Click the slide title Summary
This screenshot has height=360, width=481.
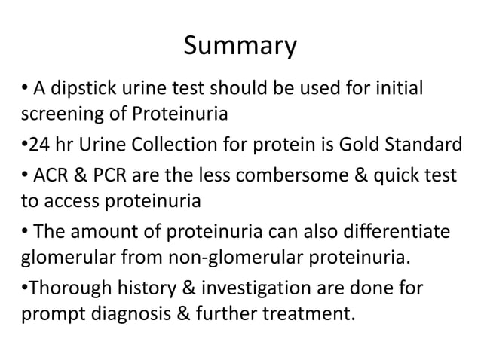240,47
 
